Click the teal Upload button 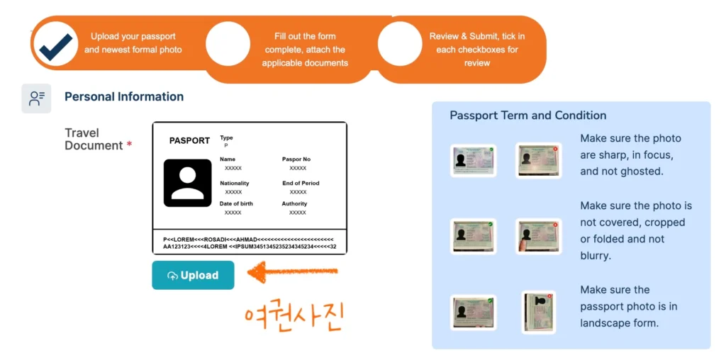pos(193,276)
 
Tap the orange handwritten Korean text pos(294,317)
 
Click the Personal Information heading pos(124,96)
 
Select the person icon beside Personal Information pos(37,98)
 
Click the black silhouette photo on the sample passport pos(187,183)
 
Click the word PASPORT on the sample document pos(189,140)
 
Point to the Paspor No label pos(296,159)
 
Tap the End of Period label pos(301,184)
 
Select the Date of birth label pos(236,203)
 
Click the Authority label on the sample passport pos(294,203)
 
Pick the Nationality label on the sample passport pos(234,184)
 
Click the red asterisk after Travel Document pos(129,145)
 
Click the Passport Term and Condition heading pos(528,116)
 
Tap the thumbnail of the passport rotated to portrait pos(539,313)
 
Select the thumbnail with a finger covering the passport pos(539,237)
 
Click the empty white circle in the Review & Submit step pos(400,43)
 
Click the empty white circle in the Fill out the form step pos(228,43)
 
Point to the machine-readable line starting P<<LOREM pos(248,240)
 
